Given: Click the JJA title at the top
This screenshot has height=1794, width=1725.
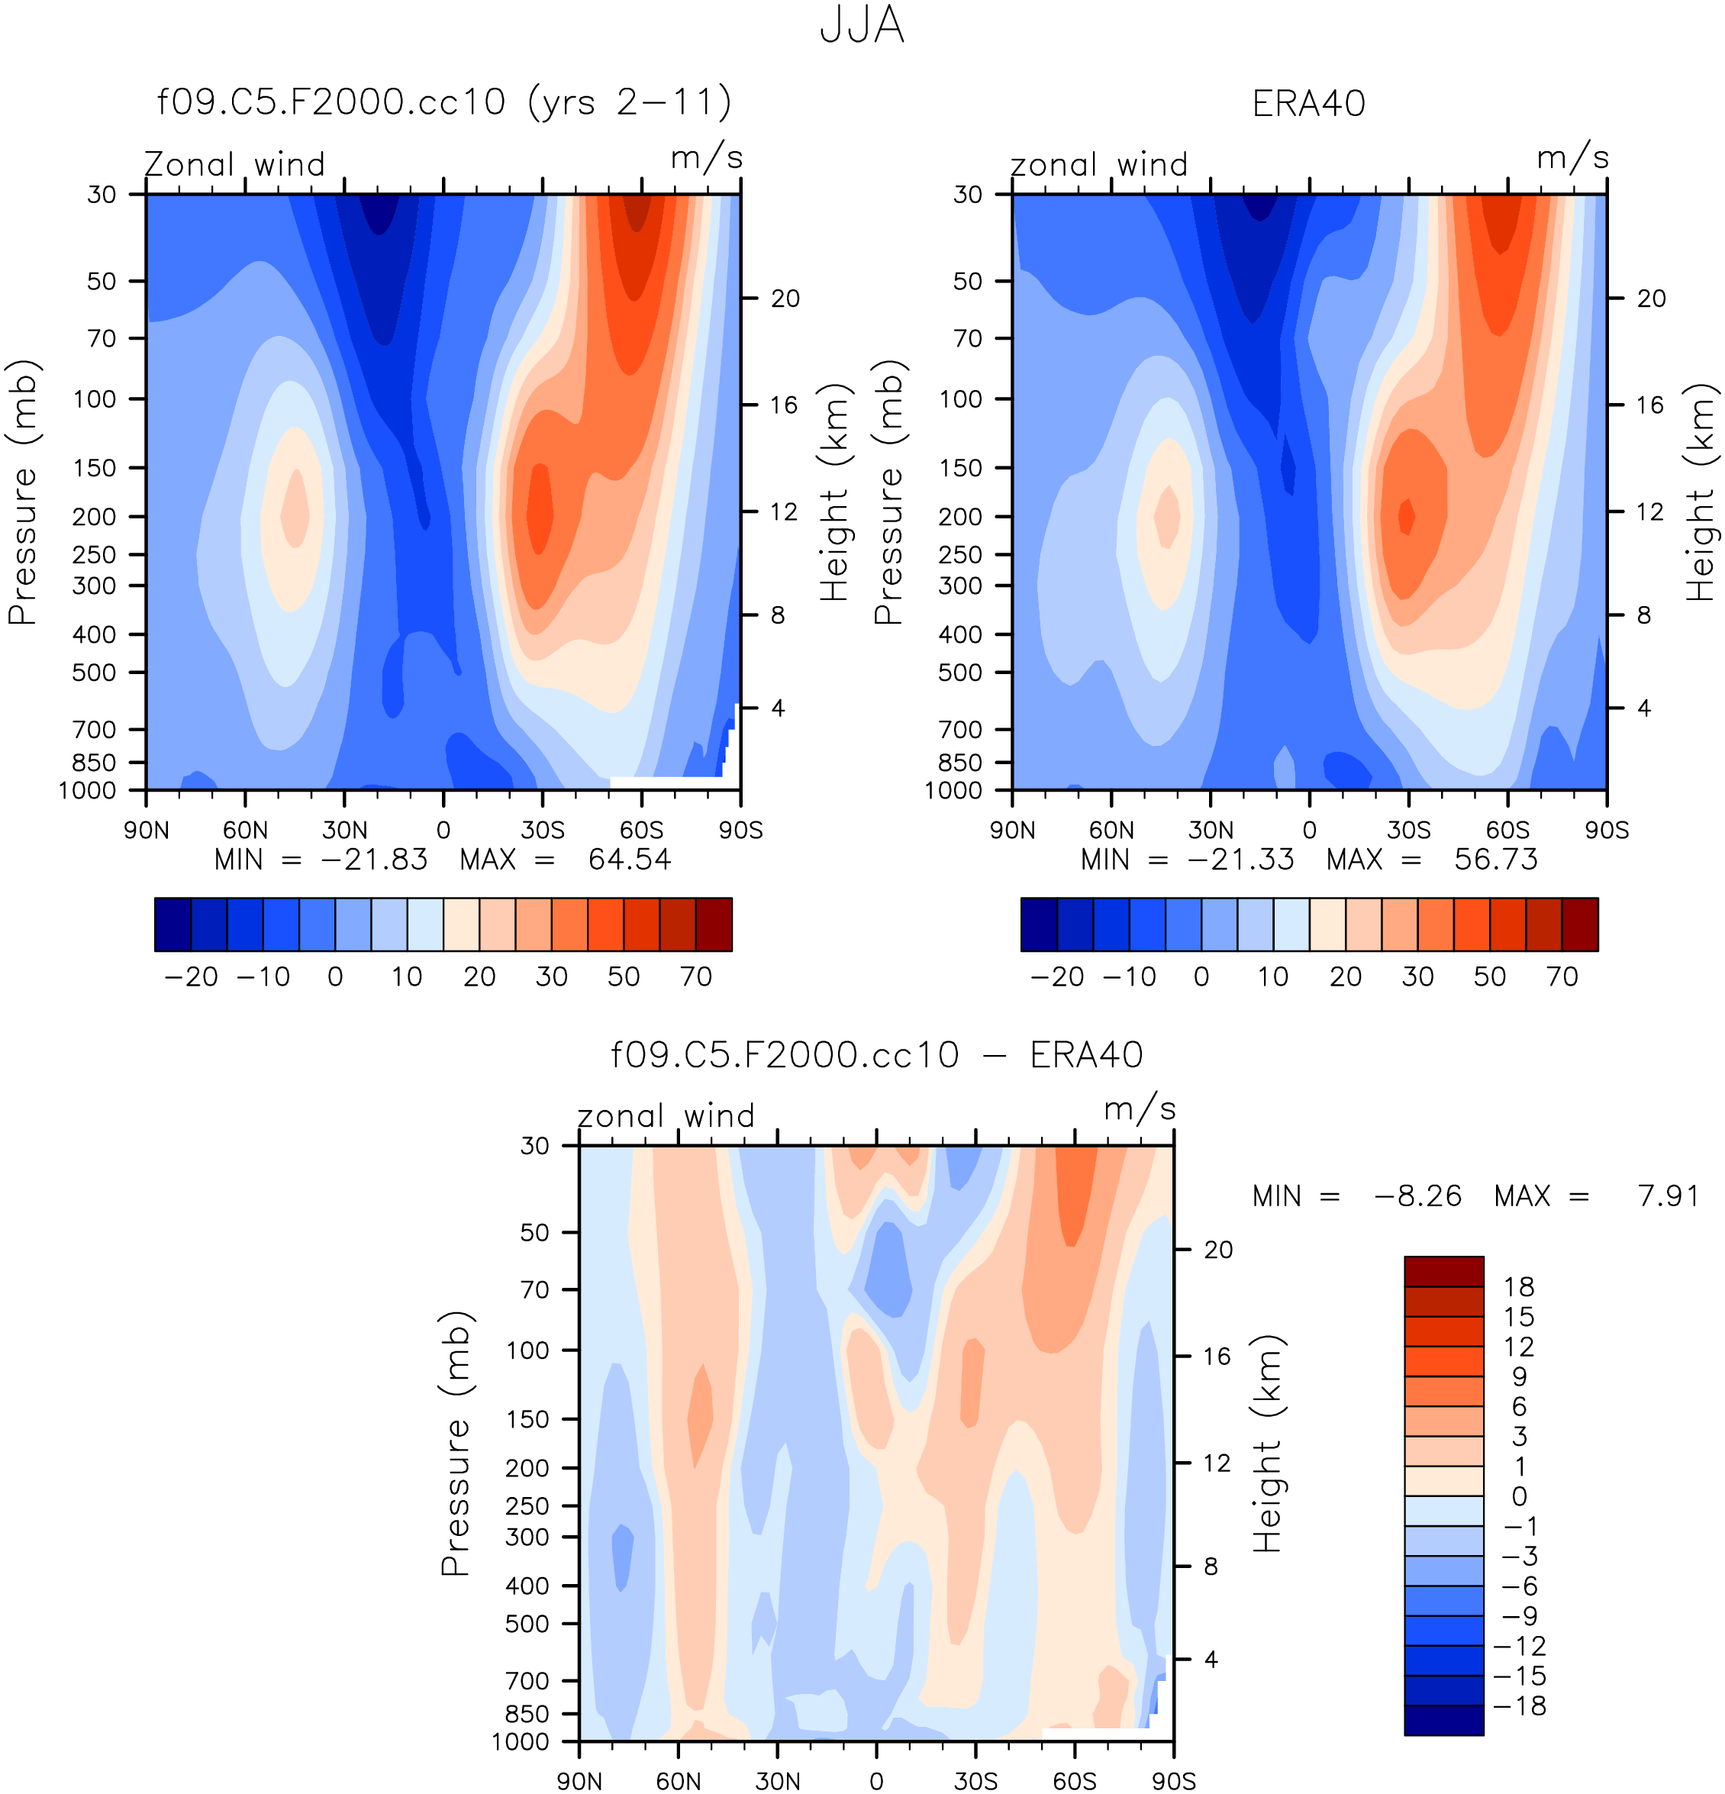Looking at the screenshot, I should [x=861, y=26].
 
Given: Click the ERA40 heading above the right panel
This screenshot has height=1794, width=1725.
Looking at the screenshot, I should [x=1307, y=103].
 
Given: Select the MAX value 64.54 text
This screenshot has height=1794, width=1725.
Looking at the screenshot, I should [x=630, y=860].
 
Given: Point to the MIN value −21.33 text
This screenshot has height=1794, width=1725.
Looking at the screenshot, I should [x=1240, y=860].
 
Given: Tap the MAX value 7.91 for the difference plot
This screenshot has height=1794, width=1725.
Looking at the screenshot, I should [x=1669, y=1196].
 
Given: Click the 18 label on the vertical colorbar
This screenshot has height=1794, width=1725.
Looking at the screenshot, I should [x=1519, y=1287].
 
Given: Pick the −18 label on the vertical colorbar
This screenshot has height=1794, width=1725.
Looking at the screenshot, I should [x=1519, y=1705].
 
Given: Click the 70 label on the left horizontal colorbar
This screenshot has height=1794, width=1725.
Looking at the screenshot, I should [x=695, y=976].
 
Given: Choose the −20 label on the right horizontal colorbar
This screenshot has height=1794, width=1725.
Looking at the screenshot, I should [x=1057, y=976].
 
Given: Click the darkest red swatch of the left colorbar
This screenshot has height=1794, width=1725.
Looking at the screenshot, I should [x=714, y=924].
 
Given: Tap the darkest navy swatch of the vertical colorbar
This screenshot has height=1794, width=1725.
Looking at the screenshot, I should [x=1443, y=1720].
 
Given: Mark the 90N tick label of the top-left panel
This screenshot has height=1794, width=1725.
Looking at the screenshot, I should [x=147, y=830].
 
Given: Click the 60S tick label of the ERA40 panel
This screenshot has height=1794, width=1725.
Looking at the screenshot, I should [x=1507, y=830].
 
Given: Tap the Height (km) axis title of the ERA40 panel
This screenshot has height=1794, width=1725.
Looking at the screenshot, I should [x=1701, y=492].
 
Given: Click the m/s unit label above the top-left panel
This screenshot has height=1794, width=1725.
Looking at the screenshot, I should [x=707, y=158].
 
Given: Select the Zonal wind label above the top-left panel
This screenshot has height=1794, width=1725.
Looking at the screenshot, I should [x=235, y=165].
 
